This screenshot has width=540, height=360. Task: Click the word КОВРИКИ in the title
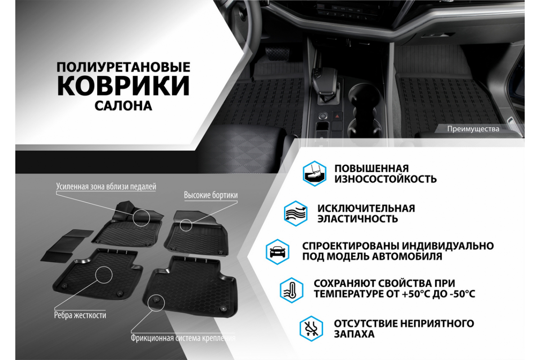tap(123, 85)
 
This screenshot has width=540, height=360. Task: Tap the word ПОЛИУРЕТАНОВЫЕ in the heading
tap(123, 67)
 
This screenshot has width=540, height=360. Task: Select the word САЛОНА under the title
tap(123, 106)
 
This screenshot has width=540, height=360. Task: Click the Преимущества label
tap(473, 129)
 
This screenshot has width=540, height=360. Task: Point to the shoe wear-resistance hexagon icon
tap(315, 174)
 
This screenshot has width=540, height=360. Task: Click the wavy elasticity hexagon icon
tap(296, 213)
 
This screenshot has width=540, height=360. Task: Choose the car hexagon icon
tap(278, 252)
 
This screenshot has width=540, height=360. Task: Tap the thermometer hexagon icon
tap(292, 290)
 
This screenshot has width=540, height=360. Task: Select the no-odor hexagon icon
tap(311, 328)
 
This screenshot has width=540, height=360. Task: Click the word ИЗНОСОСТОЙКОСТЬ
tap(386, 179)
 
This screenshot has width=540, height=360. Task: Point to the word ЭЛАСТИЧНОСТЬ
tap(357, 219)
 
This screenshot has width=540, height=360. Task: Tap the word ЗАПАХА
tap(354, 334)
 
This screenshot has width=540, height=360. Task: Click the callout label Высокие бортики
tap(211, 195)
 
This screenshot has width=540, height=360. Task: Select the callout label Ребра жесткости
tap(80, 315)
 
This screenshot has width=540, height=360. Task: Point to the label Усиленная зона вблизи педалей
tap(106, 186)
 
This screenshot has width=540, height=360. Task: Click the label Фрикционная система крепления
tap(183, 338)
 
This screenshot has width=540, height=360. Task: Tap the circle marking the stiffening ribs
tap(103, 266)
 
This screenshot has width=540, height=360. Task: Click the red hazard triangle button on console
tap(337, 117)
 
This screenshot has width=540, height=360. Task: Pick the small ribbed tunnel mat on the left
tap(67, 245)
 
